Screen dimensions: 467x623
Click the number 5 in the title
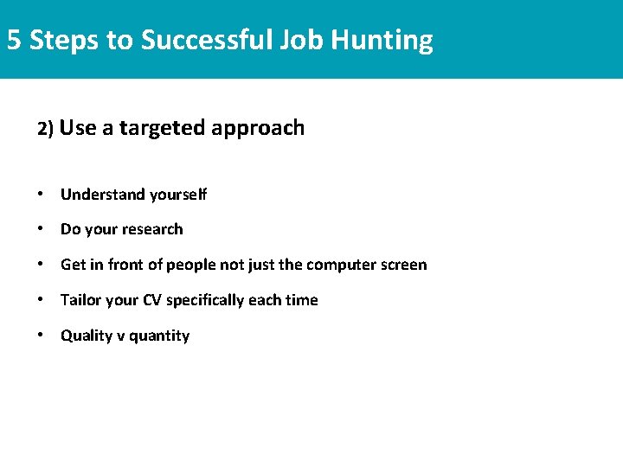coord(14,40)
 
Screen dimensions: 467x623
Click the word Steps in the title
coord(63,40)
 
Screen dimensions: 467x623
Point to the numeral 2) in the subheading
coord(46,129)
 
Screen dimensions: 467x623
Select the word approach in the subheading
coord(258,129)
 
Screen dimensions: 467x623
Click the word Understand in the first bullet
coord(102,195)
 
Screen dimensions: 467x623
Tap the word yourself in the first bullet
coord(177,195)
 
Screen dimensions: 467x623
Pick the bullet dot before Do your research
coord(41,229)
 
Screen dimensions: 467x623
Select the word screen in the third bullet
coord(403,265)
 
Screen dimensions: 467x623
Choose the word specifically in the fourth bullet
coord(205,300)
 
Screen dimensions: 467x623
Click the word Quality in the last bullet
coord(87,336)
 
